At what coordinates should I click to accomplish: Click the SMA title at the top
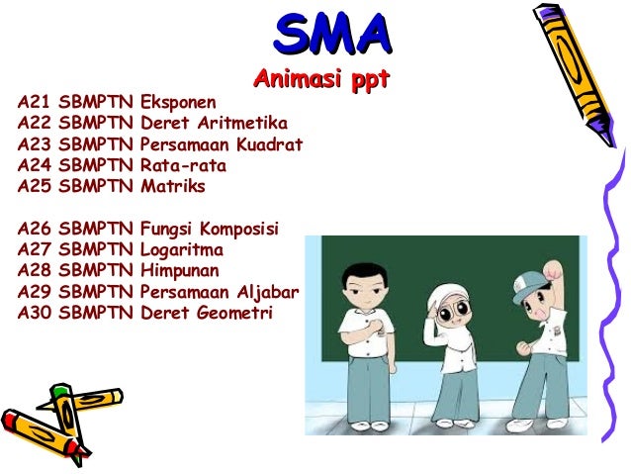330,37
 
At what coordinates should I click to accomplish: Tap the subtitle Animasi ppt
322,79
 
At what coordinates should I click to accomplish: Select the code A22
34,123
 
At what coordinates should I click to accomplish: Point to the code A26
34,229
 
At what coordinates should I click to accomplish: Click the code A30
34,313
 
